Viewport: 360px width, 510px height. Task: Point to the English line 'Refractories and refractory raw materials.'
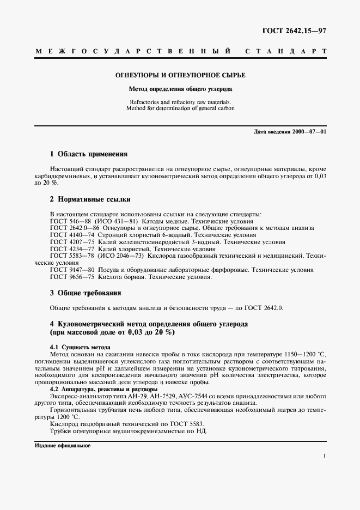click(x=179, y=102)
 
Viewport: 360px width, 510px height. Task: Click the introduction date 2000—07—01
click(x=309, y=132)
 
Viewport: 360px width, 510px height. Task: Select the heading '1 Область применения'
click(x=88, y=154)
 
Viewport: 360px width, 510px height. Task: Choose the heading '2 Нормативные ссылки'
click(x=90, y=199)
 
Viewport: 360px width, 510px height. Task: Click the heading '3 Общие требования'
click(x=85, y=293)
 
